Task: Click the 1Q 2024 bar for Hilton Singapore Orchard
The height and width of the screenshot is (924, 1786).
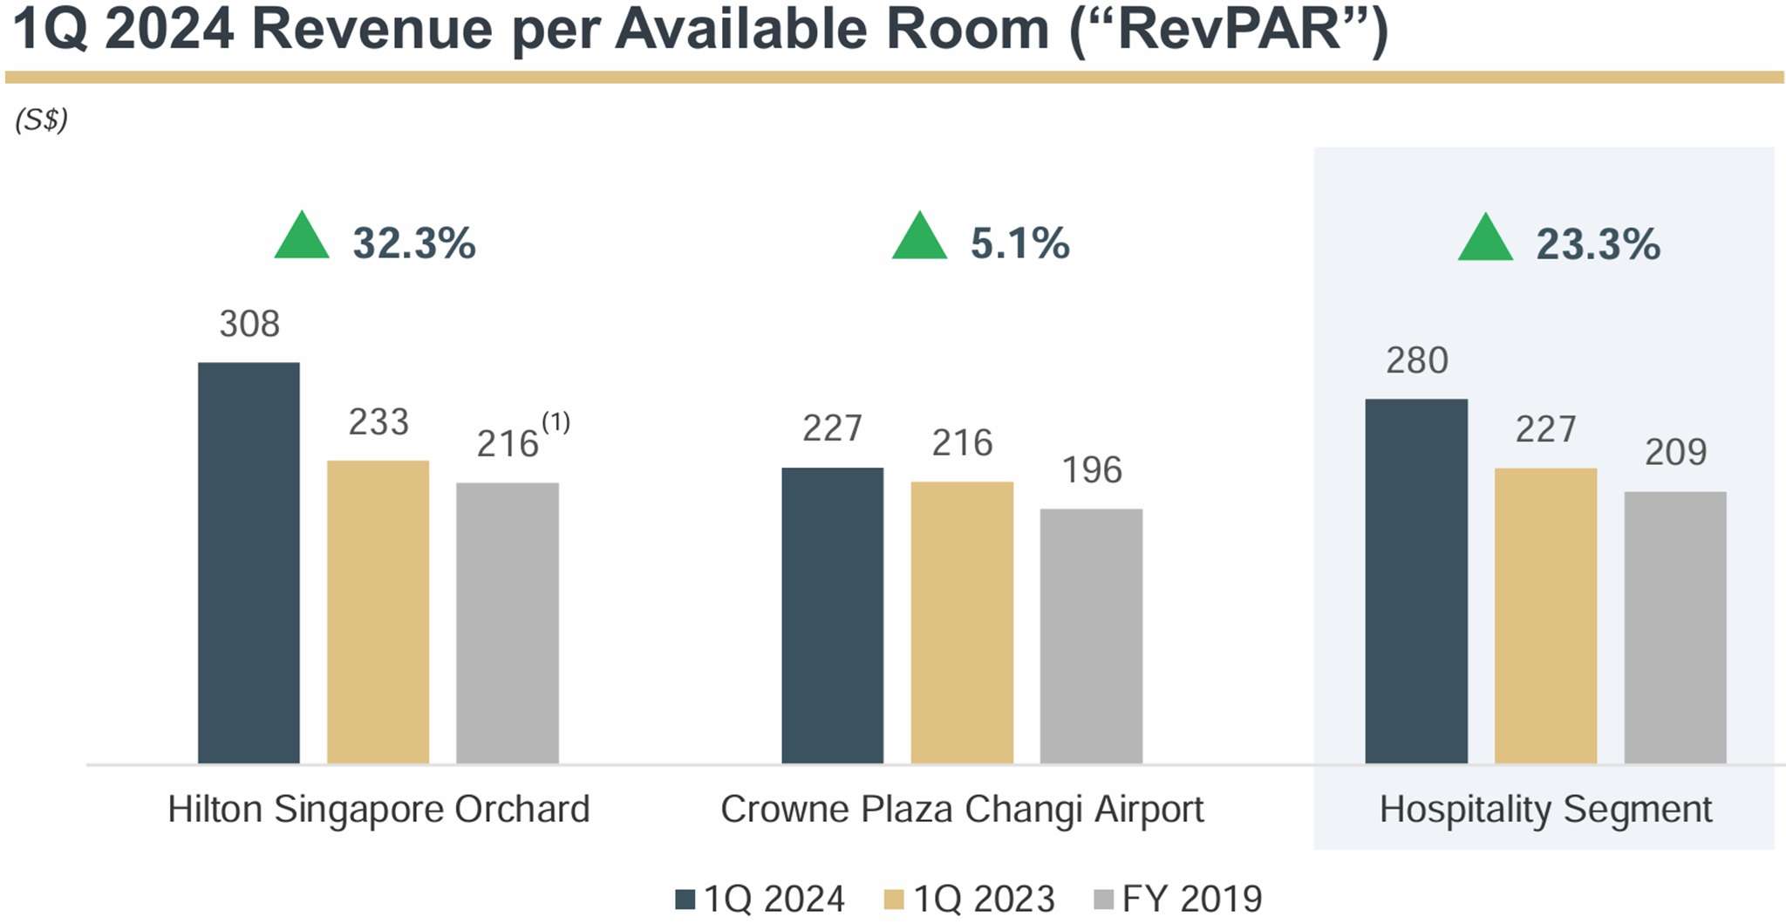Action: pyautogui.click(x=249, y=563)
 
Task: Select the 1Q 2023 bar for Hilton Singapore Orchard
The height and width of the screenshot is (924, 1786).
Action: pyautogui.click(x=378, y=612)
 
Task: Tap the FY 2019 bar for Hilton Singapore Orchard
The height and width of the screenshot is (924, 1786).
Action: pyautogui.click(x=507, y=623)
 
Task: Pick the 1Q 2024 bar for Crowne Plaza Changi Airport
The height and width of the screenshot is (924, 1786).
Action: pyautogui.click(x=832, y=615)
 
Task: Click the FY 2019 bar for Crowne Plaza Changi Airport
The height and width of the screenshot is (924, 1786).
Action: pyautogui.click(x=1091, y=636)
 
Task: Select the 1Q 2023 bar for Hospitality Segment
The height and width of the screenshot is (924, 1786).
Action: pyautogui.click(x=1545, y=616)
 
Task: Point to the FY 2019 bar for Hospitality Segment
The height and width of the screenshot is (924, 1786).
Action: pyautogui.click(x=1674, y=627)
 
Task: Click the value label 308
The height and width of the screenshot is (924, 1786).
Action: pyautogui.click(x=249, y=325)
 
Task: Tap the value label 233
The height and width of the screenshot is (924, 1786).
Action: pyautogui.click(x=378, y=422)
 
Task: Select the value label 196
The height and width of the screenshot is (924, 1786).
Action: pyautogui.click(x=1092, y=470)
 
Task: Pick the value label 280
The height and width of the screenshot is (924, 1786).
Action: pyautogui.click(x=1417, y=360)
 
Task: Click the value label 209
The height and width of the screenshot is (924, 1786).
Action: pyautogui.click(x=1675, y=452)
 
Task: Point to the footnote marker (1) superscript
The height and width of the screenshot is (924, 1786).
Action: pyautogui.click(x=556, y=422)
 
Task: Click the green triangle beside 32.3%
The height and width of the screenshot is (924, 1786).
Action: pyautogui.click(x=302, y=237)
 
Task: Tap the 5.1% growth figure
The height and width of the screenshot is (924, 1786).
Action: pyautogui.click(x=1019, y=243)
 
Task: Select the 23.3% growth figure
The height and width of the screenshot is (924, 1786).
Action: pyautogui.click(x=1598, y=243)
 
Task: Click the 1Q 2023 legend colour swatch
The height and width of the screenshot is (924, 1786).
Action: pyautogui.click(x=894, y=899)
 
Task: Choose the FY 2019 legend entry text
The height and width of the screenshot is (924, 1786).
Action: pyautogui.click(x=1191, y=899)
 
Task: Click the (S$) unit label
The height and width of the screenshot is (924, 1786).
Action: pyautogui.click(x=41, y=120)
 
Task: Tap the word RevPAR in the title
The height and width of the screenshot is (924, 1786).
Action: pyautogui.click(x=1228, y=31)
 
